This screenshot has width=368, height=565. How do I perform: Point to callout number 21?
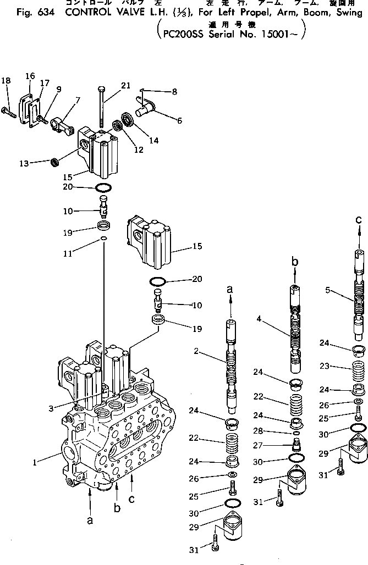[x=126, y=85]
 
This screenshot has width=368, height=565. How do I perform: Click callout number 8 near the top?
[x=174, y=92]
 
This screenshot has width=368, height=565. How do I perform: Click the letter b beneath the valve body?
[x=117, y=508]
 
